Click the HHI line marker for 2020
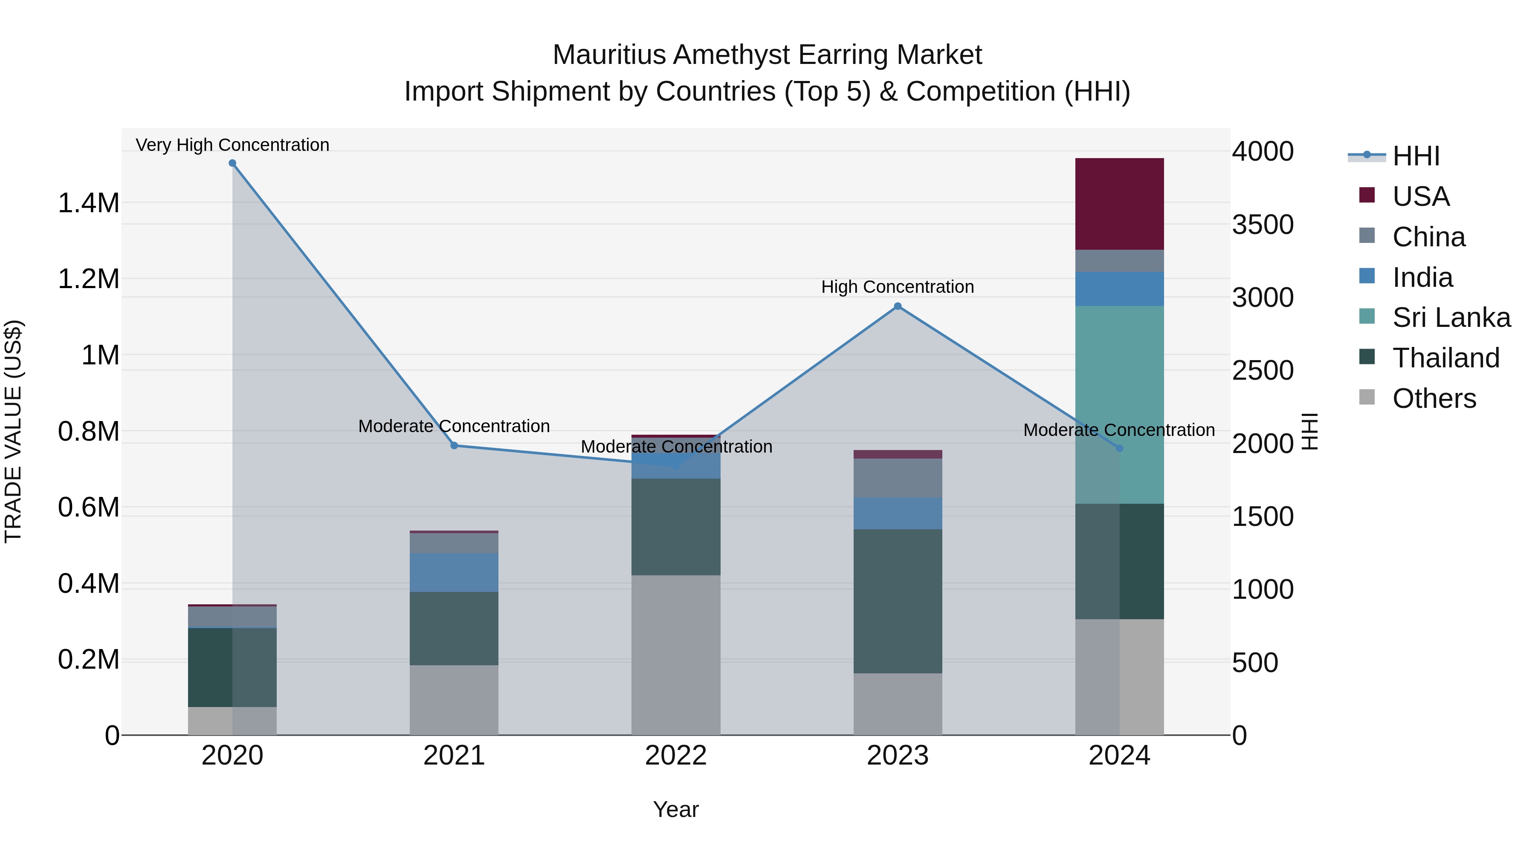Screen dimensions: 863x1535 click(232, 163)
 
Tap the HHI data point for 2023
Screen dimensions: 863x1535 click(898, 306)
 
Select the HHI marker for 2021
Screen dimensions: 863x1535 click(454, 445)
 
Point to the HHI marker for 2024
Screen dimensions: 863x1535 click(1119, 448)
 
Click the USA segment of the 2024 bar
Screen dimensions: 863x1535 click(1119, 204)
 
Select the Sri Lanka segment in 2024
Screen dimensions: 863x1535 click(1119, 405)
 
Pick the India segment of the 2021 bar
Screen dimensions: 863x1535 click(454, 572)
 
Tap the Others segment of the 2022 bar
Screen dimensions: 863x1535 click(676, 655)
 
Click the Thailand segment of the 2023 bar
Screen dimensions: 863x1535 click(898, 601)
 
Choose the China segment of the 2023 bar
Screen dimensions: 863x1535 click(898, 478)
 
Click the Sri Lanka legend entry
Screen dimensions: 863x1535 click(1451, 317)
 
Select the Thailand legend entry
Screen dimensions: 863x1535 click(1445, 358)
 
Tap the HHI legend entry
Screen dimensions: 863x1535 click(1415, 156)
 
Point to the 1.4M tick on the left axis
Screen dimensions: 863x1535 click(88, 203)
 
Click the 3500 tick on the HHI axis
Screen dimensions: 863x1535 click(1263, 225)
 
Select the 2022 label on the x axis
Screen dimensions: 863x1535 click(676, 756)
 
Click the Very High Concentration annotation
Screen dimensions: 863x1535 click(232, 145)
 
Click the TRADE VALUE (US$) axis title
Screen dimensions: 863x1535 click(14, 431)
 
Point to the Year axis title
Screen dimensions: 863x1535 click(676, 809)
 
